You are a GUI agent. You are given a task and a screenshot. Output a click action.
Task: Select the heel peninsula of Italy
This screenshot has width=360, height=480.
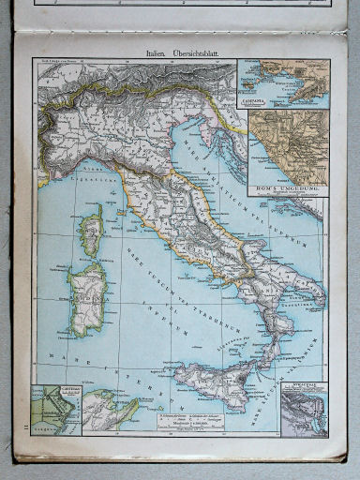click(315, 295)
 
